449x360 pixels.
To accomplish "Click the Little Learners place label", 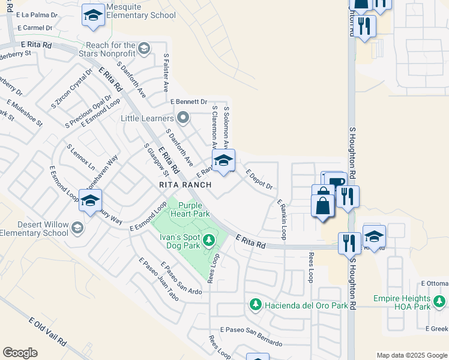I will pos(146,118).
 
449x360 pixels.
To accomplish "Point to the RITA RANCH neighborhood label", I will pos(185,185).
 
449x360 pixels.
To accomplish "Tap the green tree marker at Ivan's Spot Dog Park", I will pos(208,241).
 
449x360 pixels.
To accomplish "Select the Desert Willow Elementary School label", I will pos(35,229).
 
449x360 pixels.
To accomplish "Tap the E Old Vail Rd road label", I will pos(47,331).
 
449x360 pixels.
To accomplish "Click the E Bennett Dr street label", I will pos(188,102).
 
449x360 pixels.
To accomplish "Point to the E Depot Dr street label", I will pos(259,179).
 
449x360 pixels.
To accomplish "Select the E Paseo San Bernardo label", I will pos(251,337).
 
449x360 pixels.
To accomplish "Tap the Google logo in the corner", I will pos(20,353).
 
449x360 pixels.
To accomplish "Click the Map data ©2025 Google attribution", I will pos(412,355).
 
